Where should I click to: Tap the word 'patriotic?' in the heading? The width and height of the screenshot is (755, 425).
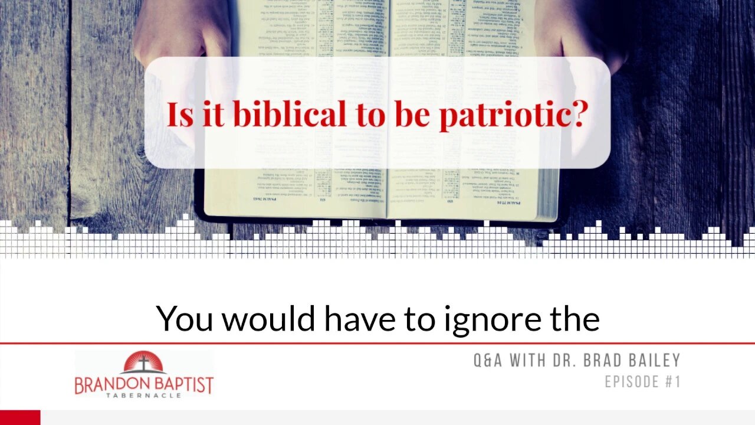click(513, 115)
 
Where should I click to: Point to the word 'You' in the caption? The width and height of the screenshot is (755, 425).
click(185, 319)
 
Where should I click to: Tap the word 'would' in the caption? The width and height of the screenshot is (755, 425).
click(270, 319)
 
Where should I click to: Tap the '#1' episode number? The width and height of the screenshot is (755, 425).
click(673, 382)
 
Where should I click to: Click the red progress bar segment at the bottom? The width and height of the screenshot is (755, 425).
click(20, 417)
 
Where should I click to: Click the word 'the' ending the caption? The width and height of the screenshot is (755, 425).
click(575, 319)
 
